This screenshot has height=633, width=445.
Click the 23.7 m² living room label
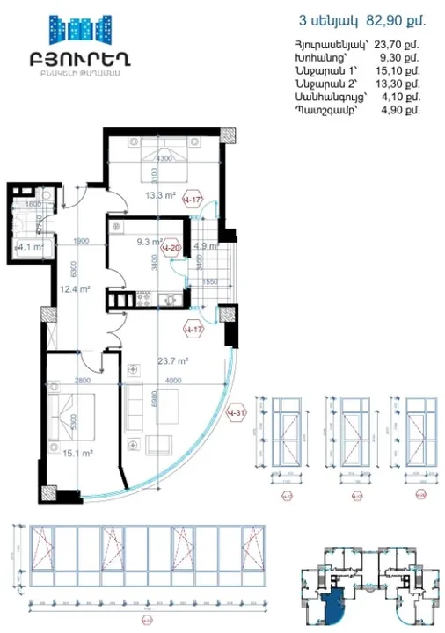click(x=174, y=360)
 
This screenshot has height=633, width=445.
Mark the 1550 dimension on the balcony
click(x=209, y=280)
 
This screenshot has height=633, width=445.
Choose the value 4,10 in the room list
click(x=396, y=98)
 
